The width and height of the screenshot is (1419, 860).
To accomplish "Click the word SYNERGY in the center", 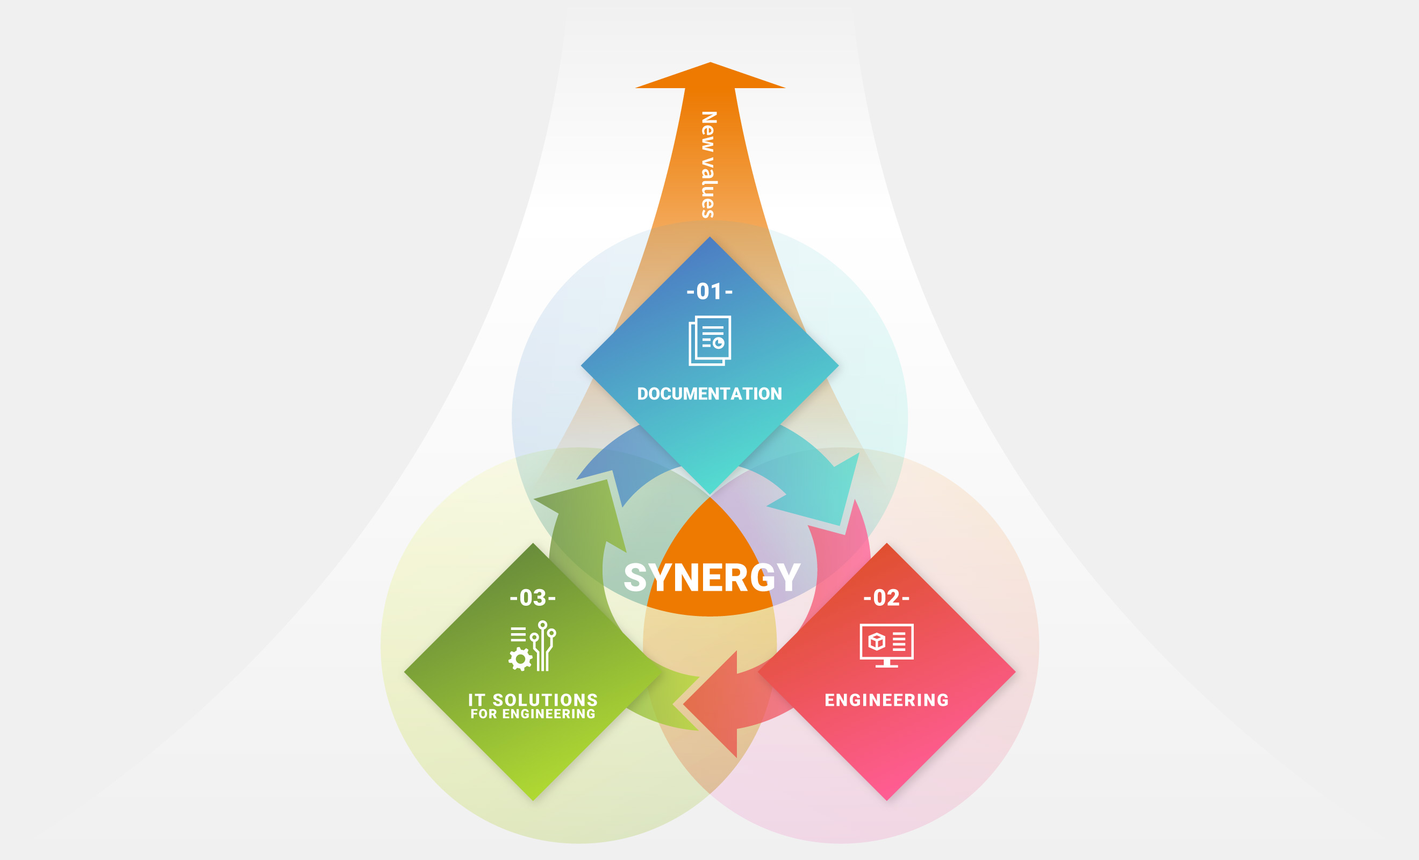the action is point(712,578).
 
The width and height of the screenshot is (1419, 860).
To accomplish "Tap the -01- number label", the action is point(709,291).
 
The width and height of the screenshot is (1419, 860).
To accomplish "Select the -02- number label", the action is point(886,598).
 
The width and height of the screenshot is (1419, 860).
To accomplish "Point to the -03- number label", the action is point(533,598).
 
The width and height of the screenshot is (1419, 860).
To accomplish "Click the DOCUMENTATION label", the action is point(709,394).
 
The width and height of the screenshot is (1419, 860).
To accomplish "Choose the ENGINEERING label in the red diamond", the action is point(886,700).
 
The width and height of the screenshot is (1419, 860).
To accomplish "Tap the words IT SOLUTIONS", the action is point(533,699).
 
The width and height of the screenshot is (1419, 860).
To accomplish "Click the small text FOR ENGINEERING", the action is point(533,714).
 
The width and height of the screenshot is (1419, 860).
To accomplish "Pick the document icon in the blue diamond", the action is point(709,340).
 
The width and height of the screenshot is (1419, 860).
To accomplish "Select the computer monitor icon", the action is point(886,646).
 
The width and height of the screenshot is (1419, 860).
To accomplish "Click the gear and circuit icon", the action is point(532,646).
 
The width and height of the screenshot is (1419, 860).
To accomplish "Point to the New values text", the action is point(708,164).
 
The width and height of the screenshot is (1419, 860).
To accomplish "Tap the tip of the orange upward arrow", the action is point(710,62).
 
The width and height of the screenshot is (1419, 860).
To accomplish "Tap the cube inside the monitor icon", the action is point(877,642).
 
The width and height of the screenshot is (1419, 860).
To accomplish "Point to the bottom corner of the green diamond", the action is point(533,801).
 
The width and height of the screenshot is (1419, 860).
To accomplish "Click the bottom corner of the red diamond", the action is point(886,801).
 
